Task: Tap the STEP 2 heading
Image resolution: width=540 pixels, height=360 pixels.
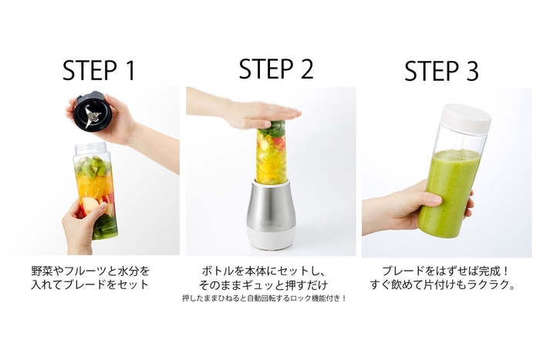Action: [275, 69]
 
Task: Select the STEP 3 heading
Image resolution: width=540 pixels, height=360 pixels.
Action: [441, 71]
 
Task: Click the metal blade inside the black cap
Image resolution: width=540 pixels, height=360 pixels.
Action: [93, 116]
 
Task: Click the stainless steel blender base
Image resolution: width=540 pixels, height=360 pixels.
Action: [271, 208]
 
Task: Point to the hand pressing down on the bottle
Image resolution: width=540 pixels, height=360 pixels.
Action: [239, 113]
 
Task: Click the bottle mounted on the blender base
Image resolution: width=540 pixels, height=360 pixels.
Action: [271, 152]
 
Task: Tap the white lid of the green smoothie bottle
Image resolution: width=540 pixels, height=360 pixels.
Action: [466, 116]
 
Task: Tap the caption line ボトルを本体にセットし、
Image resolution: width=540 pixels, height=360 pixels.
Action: [270, 271]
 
